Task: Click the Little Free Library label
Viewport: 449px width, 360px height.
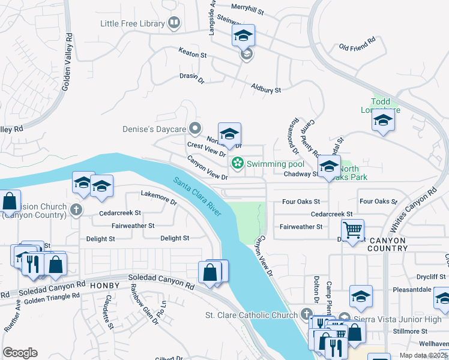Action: click(133, 23)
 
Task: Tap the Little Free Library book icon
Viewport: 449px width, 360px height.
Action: click(175, 23)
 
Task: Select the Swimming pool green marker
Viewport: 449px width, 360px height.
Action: click(238, 163)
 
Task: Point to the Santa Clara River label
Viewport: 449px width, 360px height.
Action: click(197, 196)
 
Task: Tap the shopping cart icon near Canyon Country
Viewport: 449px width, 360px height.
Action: click(352, 229)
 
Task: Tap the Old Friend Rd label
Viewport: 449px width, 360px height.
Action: click(357, 44)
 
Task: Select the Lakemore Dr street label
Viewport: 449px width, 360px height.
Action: click(158, 198)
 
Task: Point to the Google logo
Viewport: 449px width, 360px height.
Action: click(20, 353)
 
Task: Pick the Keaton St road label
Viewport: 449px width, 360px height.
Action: click(193, 54)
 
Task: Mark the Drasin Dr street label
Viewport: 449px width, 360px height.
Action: click(192, 78)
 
